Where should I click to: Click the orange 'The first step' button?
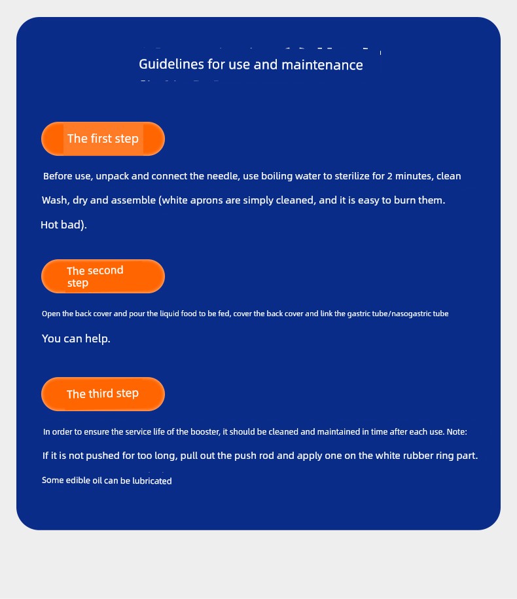point(103,139)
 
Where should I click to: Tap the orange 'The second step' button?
point(103,276)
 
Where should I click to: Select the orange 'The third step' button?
point(103,394)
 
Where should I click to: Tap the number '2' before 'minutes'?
point(390,176)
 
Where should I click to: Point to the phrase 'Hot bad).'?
point(63,225)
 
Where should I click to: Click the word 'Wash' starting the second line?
point(55,200)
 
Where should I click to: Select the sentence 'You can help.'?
point(76,339)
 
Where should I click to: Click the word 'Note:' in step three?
point(457,432)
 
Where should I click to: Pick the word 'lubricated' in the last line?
point(152,481)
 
